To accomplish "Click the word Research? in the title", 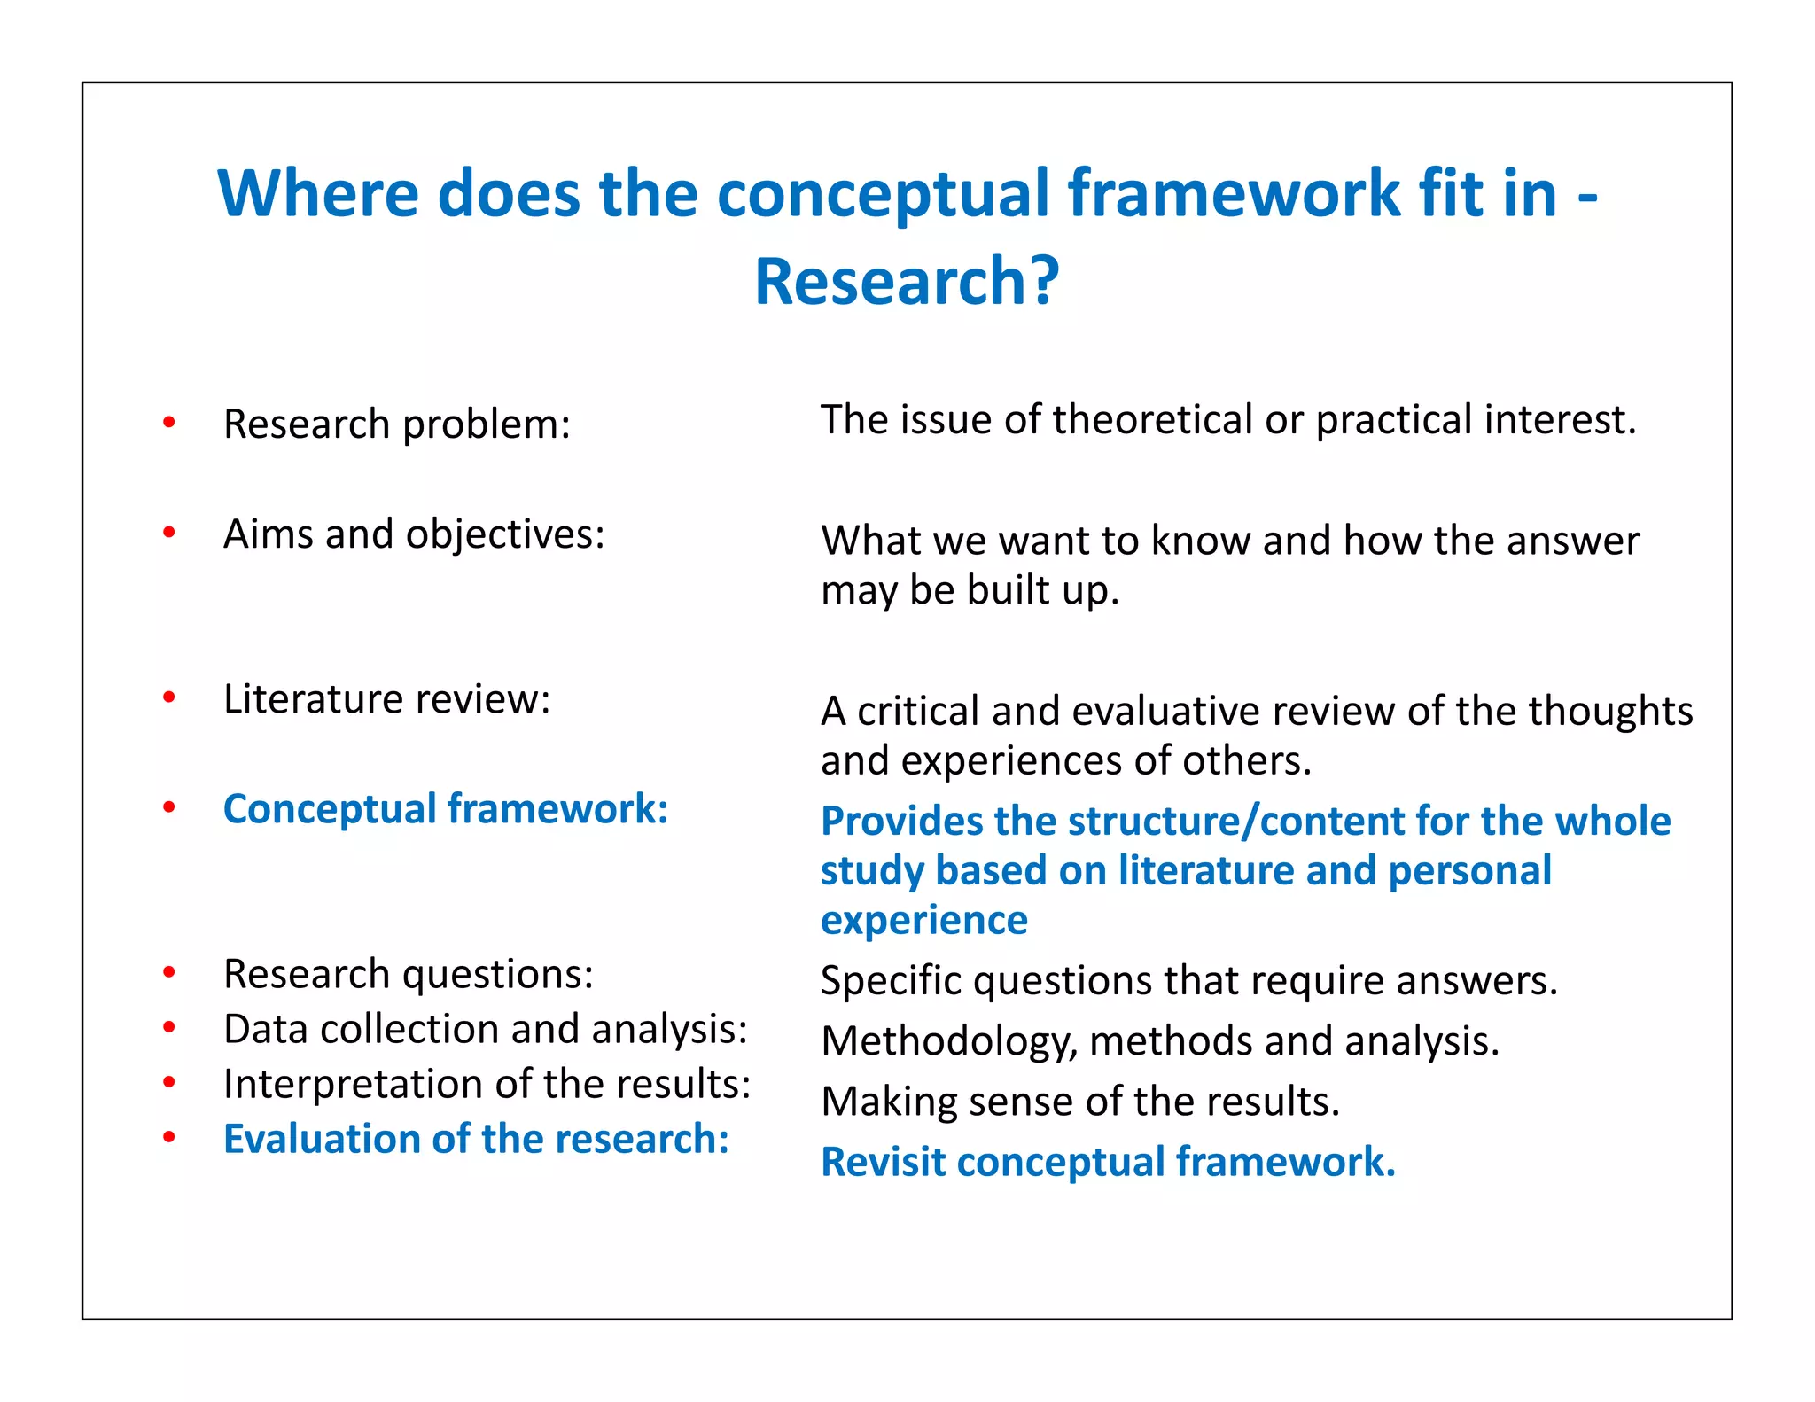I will [x=907, y=282].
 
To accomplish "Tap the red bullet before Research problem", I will [x=169, y=422].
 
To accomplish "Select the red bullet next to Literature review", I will [x=169, y=697].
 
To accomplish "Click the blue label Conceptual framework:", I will [x=446, y=808].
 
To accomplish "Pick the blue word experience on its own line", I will [x=923, y=920].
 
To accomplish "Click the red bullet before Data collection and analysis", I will [x=169, y=1028].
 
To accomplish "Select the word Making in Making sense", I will [x=881, y=1102].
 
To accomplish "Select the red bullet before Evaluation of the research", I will [x=169, y=1138].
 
